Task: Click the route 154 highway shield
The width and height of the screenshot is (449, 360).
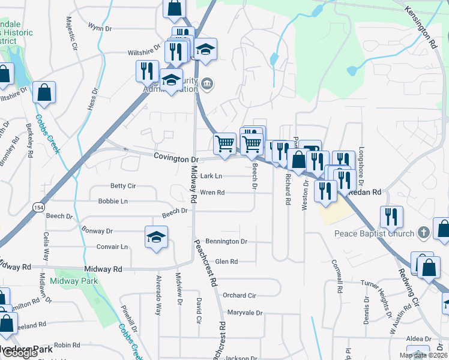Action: point(38,206)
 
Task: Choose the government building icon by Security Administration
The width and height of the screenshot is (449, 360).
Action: point(206,83)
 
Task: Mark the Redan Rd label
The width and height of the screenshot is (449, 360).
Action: point(366,193)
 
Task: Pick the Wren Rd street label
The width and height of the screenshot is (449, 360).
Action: point(212,193)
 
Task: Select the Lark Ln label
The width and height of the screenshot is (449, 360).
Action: point(211,176)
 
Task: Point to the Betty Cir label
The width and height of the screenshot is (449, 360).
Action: point(123,186)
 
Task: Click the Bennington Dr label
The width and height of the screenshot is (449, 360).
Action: point(226,241)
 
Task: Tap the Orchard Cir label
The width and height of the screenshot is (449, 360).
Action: point(239,295)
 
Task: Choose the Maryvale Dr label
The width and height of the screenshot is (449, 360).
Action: point(245,313)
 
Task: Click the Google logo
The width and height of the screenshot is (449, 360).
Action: point(20,353)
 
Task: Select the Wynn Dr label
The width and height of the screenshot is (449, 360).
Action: point(100,28)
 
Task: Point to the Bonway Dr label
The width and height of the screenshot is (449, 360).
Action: point(97,230)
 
